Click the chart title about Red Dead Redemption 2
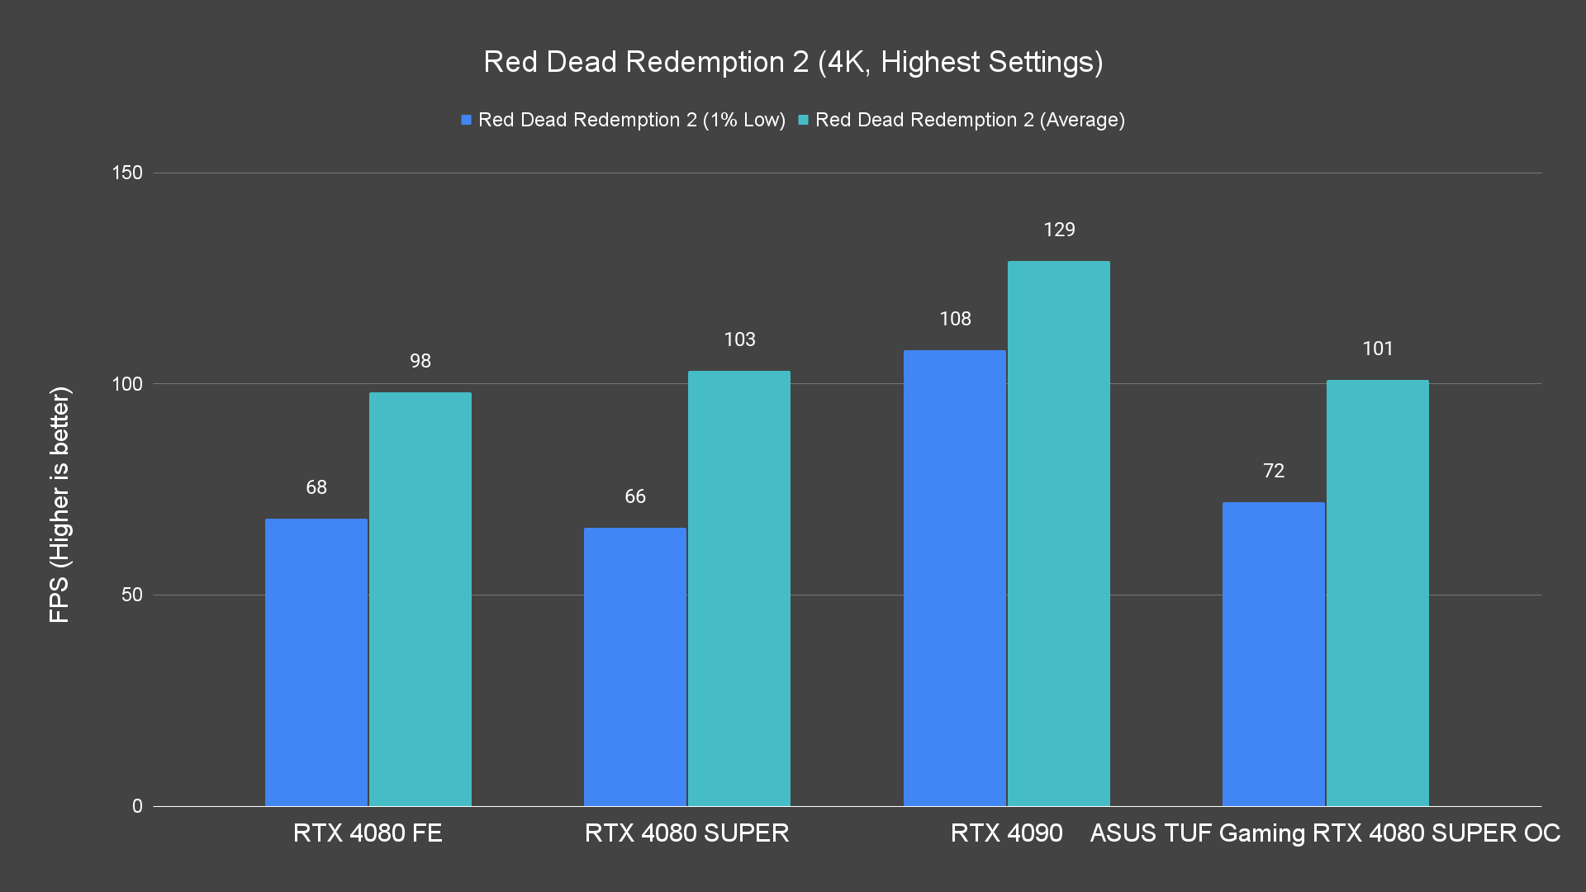click(x=793, y=62)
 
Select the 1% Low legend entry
click(x=624, y=120)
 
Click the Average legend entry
click(x=962, y=120)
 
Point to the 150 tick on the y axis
click(x=127, y=173)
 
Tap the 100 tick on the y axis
click(x=127, y=384)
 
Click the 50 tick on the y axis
click(x=132, y=595)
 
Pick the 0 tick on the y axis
click(x=137, y=806)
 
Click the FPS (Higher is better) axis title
click(x=59, y=504)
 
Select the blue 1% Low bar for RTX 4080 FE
click(x=316, y=661)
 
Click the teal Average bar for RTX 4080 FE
click(x=420, y=599)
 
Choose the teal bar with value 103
click(x=739, y=588)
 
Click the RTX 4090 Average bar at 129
click(x=1059, y=534)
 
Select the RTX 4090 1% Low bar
click(x=955, y=578)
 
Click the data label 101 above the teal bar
click(x=1378, y=349)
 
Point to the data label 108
click(x=955, y=319)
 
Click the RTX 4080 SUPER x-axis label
click(x=686, y=833)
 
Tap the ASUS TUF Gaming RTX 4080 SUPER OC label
click(x=1325, y=833)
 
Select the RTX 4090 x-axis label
click(x=1006, y=833)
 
